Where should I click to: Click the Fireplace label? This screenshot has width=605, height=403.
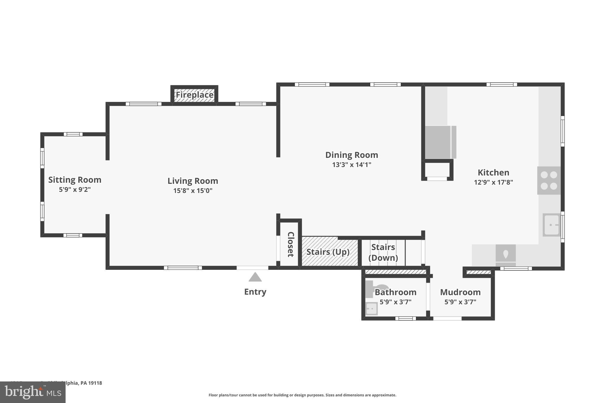click(194, 95)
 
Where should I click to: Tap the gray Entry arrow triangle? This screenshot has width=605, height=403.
click(255, 277)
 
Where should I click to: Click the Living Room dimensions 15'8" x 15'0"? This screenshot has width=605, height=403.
click(193, 191)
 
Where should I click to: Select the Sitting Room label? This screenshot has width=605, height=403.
click(75, 180)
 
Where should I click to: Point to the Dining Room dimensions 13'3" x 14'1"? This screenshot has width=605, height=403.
click(352, 165)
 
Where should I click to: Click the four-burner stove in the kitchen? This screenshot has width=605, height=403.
click(549, 180)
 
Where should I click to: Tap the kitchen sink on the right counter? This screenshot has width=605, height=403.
click(551, 225)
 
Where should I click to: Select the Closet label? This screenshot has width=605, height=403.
click(291, 244)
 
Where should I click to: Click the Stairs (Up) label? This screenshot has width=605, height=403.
click(328, 252)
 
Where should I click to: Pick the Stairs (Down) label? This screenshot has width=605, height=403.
click(383, 252)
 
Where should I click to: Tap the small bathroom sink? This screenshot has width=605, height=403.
click(371, 309)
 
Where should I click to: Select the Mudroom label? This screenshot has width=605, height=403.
click(460, 292)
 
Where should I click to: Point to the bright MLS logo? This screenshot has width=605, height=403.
click(33, 392)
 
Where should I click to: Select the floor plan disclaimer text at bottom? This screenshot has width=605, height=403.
click(302, 395)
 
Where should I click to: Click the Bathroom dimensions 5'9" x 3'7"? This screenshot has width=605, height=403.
click(395, 302)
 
